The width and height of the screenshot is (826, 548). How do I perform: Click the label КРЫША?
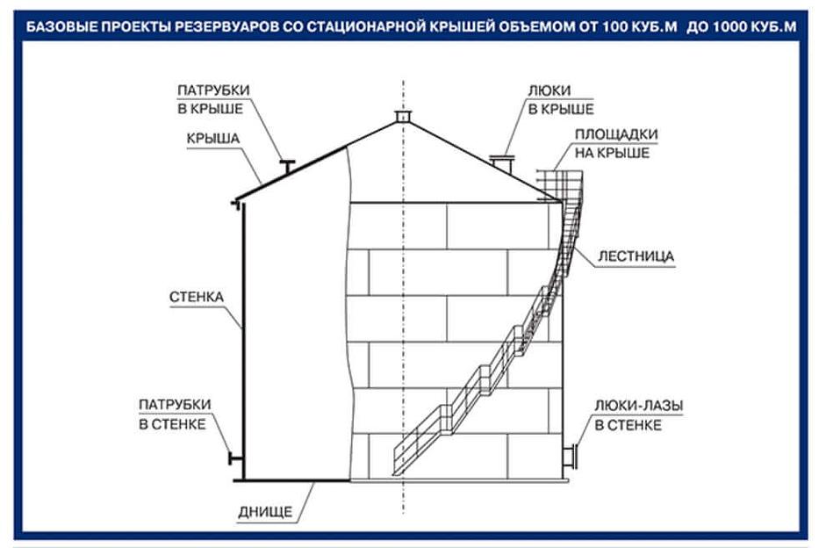[212, 140]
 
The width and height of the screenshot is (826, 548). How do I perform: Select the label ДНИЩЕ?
[264, 511]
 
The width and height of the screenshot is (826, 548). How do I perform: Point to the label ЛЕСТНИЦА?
[636, 256]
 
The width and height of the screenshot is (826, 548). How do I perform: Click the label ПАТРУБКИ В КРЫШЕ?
[213, 99]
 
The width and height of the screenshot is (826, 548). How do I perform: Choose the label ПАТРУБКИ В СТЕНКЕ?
[174, 414]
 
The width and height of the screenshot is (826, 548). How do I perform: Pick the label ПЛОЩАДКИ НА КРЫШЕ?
[615, 143]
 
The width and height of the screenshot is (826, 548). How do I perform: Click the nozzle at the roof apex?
[403, 117]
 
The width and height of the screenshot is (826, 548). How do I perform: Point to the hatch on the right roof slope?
[502, 163]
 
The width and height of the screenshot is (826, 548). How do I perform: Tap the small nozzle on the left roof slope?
[285, 163]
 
